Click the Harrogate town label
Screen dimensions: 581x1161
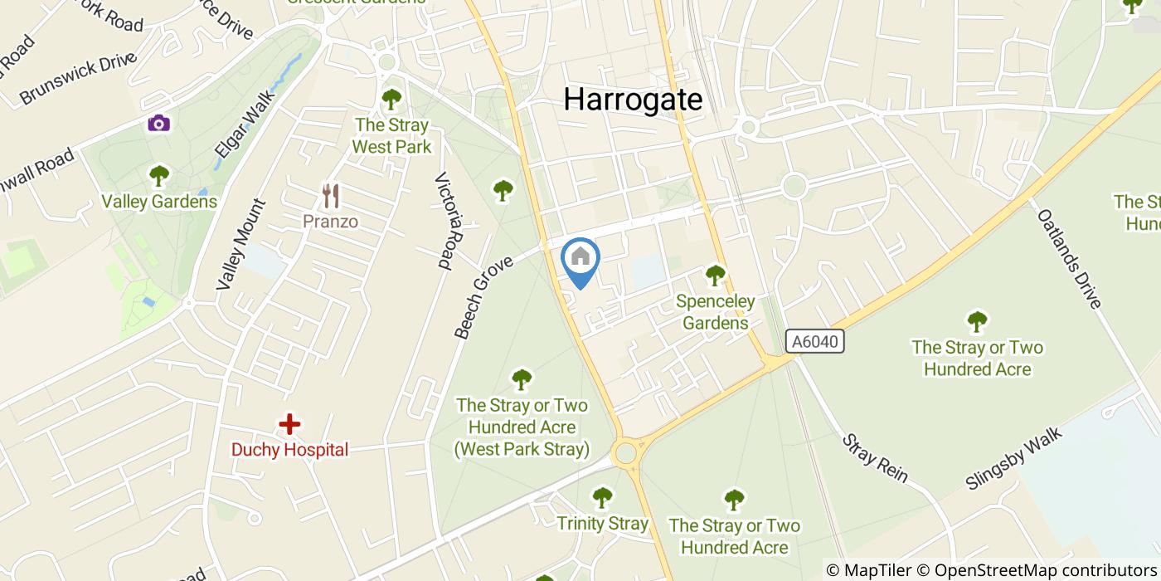point(633,100)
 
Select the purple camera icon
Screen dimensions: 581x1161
point(158,124)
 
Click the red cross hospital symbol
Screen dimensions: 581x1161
point(289,425)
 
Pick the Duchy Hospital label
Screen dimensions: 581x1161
point(289,450)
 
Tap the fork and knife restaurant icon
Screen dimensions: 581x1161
point(331,196)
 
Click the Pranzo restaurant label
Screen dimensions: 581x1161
point(331,222)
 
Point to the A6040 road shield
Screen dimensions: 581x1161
point(815,341)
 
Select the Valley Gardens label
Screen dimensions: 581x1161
point(159,202)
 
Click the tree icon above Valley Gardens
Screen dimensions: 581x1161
point(158,176)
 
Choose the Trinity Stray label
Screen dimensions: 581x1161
point(602,524)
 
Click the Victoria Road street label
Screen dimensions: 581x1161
point(445,222)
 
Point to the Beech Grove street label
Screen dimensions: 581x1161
point(483,296)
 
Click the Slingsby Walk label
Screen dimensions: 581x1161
point(1013,459)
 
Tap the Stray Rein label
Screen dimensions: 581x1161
point(875,458)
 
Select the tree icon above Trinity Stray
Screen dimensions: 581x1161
point(602,498)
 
